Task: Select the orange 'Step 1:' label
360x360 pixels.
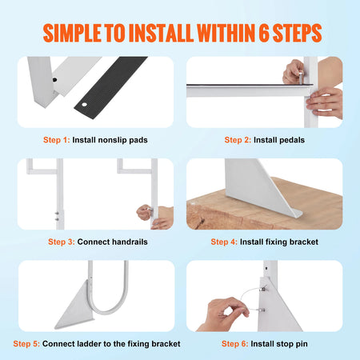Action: click(x=78, y=139)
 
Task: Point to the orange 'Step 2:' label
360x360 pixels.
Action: click(x=238, y=139)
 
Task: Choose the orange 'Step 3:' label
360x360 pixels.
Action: click(x=62, y=241)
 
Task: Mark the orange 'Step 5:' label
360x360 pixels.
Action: click(x=27, y=343)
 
